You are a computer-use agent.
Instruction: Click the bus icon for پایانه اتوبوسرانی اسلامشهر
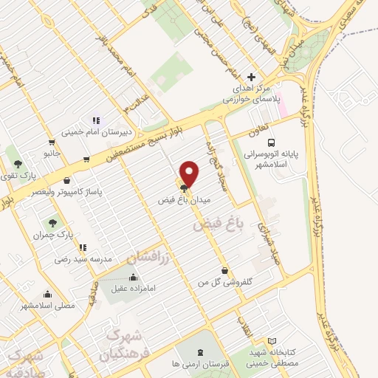[271, 142]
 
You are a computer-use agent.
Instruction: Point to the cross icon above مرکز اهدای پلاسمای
[252, 77]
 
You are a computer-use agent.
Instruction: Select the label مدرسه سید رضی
[82, 260]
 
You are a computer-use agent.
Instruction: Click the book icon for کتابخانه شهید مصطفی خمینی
[272, 341]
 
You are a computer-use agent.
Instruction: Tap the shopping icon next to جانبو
[51, 142]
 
